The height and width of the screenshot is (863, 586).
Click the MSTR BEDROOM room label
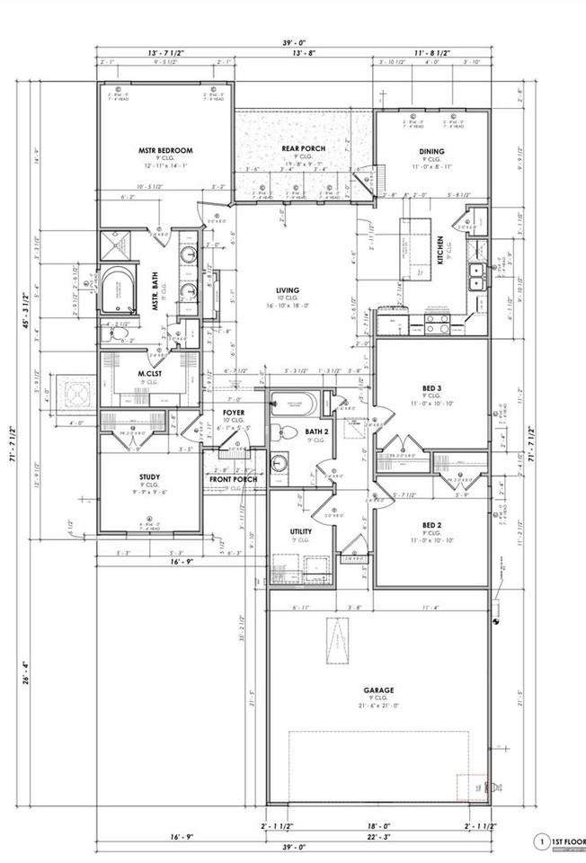click(165, 150)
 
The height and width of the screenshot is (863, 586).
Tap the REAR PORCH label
click(303, 148)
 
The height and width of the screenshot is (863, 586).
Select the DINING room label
click(433, 151)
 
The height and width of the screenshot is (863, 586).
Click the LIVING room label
click(288, 290)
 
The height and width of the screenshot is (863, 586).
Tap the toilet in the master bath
click(120, 334)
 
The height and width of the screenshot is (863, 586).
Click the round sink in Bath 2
click(280, 465)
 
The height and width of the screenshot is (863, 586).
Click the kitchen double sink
click(478, 274)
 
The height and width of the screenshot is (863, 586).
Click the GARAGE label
click(378, 691)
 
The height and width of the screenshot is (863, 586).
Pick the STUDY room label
click(149, 477)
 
